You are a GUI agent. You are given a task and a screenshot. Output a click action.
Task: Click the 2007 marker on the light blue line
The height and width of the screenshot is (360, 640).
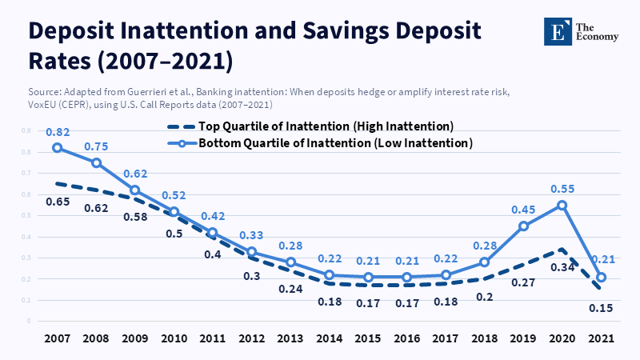[x=57, y=148]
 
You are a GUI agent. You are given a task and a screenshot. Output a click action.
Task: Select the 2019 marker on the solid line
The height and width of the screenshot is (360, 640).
[x=524, y=226]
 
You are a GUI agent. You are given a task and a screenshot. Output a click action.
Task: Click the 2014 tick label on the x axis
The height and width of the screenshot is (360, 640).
[x=330, y=338]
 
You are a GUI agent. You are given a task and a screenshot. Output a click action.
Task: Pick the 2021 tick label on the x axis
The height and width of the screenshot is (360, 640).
[x=602, y=338]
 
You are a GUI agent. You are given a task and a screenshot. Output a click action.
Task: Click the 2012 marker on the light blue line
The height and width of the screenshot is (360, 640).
[x=252, y=252]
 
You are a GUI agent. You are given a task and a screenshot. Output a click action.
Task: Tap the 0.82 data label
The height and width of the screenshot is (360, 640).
[x=57, y=130]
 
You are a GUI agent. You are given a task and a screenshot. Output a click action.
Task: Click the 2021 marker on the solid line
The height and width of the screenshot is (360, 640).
[x=602, y=278]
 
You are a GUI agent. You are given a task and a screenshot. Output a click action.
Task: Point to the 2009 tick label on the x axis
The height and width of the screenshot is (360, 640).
[x=135, y=338]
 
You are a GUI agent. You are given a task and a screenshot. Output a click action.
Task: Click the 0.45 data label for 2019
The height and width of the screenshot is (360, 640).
[x=524, y=209]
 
